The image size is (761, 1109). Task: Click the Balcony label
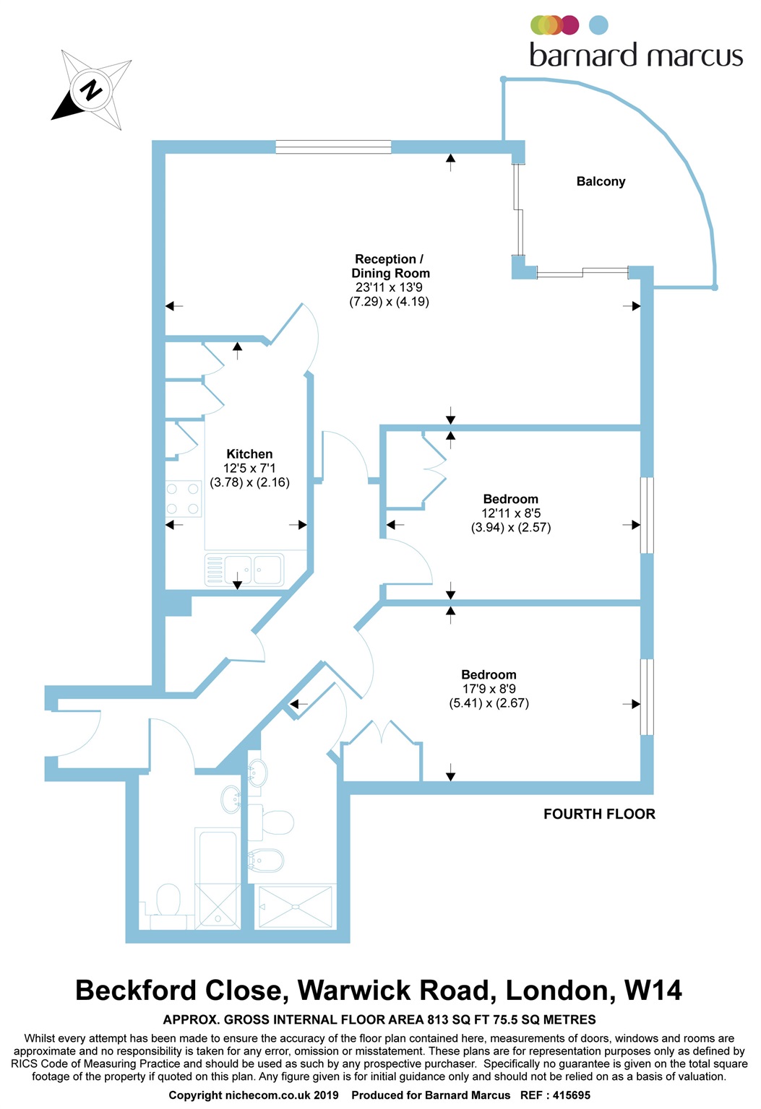601,181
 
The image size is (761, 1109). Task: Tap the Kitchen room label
249,454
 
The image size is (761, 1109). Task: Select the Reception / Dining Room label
390,266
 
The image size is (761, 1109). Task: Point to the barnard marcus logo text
636,56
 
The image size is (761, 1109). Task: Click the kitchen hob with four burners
183,499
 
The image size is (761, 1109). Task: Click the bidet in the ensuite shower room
265,860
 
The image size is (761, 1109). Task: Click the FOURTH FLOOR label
599,814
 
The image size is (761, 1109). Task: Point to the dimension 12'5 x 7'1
249,468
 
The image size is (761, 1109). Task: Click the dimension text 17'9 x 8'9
489,689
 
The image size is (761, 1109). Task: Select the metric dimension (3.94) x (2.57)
511,527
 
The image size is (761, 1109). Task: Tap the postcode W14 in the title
653,990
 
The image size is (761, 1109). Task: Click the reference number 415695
572,1095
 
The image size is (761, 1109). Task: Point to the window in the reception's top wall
333,147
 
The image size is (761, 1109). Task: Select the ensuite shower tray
296,906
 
